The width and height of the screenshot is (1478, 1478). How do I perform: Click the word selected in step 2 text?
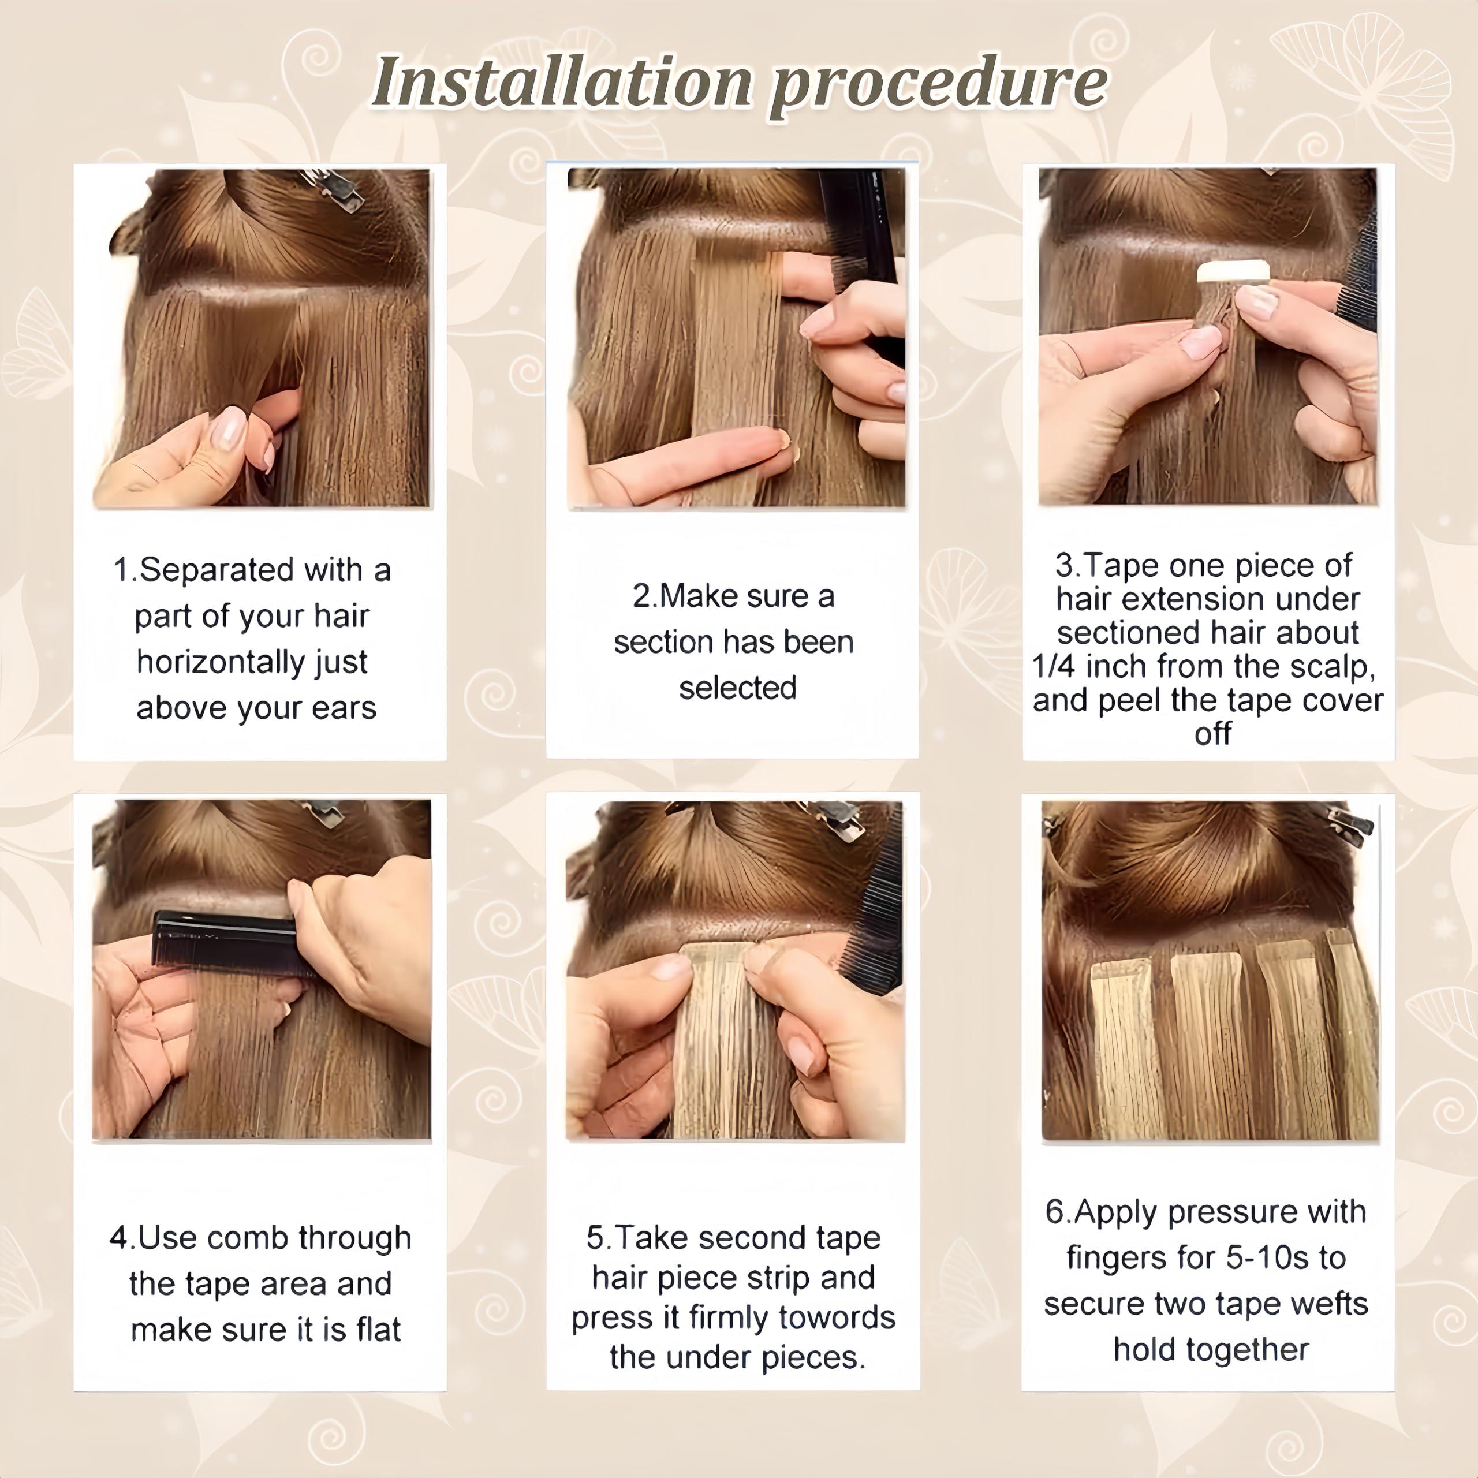pos(737,688)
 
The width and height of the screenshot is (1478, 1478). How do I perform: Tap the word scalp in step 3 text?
pos(1331,666)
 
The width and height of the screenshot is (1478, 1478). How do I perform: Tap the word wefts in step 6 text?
pos(1332,1304)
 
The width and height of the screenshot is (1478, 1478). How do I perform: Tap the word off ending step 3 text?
pos(1212,734)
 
